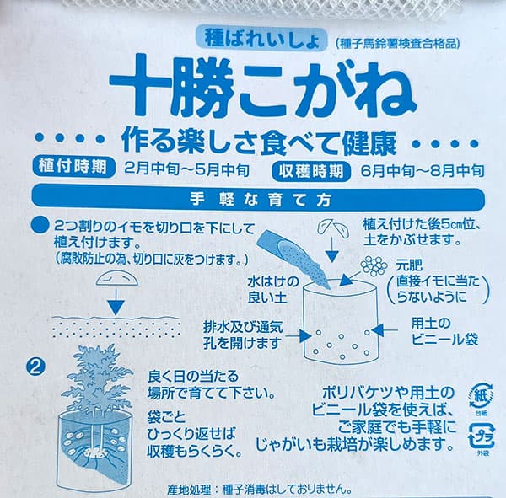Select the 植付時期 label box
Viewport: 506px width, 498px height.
click(72, 167)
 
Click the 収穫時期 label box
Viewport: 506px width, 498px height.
click(311, 169)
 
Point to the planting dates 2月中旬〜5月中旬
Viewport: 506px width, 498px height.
click(186, 168)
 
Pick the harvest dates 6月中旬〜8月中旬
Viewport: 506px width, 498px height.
click(418, 169)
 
